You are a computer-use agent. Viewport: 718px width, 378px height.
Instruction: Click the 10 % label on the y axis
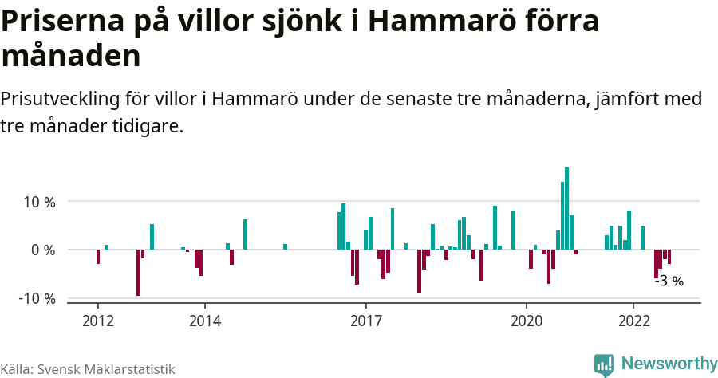point(38,202)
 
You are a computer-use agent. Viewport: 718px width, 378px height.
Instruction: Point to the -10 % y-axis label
point(37,298)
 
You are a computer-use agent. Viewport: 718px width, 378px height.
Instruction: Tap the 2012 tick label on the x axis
point(98,321)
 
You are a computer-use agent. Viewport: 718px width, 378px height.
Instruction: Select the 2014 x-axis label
point(205,321)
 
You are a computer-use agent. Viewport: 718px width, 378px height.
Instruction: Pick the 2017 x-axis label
point(366,321)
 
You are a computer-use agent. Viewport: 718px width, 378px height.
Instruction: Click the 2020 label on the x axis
point(527,321)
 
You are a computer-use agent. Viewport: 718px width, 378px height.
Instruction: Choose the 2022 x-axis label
point(633,321)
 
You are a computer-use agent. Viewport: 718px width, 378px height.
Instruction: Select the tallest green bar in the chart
point(566,209)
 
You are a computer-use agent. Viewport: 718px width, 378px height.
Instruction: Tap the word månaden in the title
point(71,57)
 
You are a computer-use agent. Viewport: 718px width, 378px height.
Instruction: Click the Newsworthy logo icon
point(604,364)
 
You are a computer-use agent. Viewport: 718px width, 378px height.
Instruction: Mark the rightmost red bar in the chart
point(669,257)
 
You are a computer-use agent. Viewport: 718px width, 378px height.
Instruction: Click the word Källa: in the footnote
point(17,369)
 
